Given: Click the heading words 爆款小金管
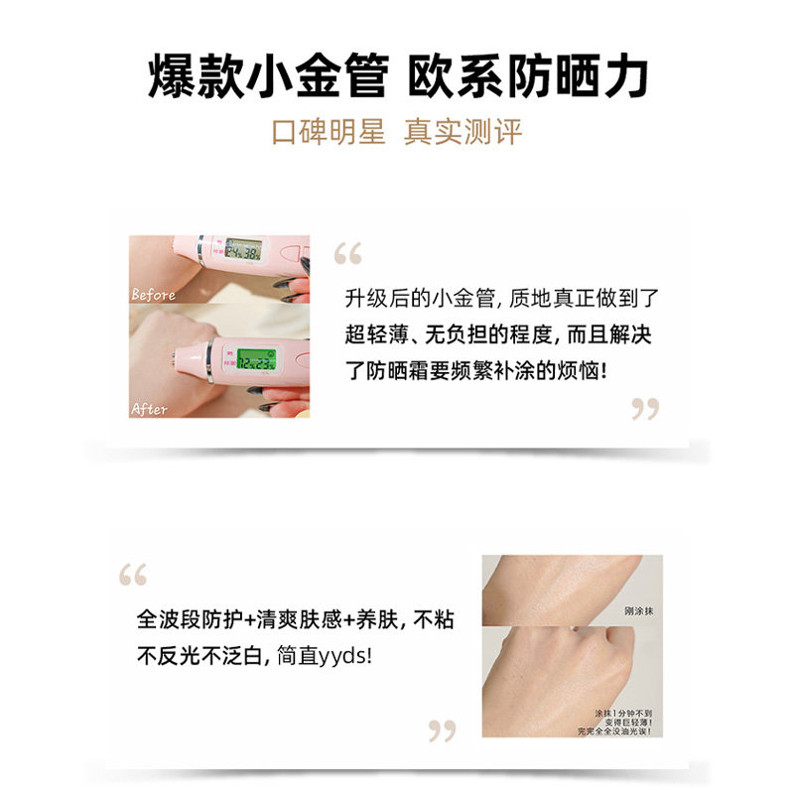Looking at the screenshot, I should [x=265, y=77].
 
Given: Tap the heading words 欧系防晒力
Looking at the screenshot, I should [x=529, y=77].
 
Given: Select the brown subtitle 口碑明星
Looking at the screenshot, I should [x=328, y=132].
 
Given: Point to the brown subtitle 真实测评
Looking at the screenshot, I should [x=463, y=132].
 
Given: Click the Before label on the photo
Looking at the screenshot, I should [x=153, y=295].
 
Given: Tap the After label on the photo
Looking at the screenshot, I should [x=150, y=409].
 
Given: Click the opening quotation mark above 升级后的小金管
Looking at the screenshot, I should [x=348, y=255].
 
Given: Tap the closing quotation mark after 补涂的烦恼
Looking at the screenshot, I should [x=645, y=408].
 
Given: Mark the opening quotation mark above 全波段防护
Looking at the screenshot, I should [x=133, y=575].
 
